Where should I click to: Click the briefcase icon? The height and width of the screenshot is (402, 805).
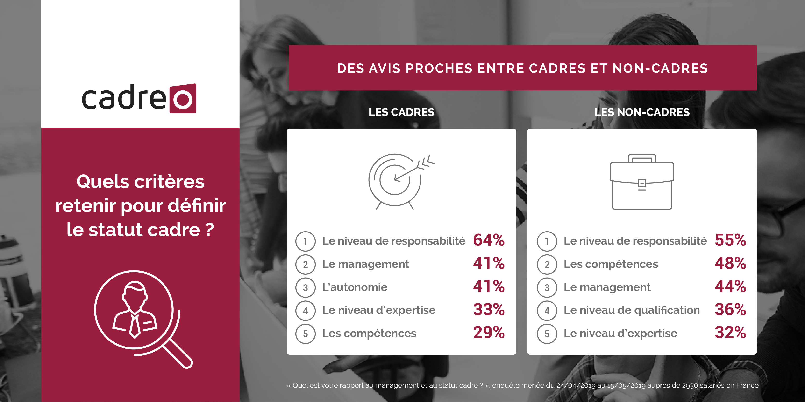[x=642, y=182]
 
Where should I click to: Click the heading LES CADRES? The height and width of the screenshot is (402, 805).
[x=401, y=112]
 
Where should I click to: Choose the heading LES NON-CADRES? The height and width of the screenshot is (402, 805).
[x=642, y=112]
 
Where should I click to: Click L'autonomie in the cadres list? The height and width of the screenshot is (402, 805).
[x=355, y=287]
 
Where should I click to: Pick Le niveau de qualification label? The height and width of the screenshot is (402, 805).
[x=632, y=310]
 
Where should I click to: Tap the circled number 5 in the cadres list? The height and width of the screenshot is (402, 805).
[x=305, y=334]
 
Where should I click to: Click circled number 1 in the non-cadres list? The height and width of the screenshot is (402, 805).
[x=547, y=241]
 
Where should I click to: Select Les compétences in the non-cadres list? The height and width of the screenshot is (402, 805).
[x=611, y=264]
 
